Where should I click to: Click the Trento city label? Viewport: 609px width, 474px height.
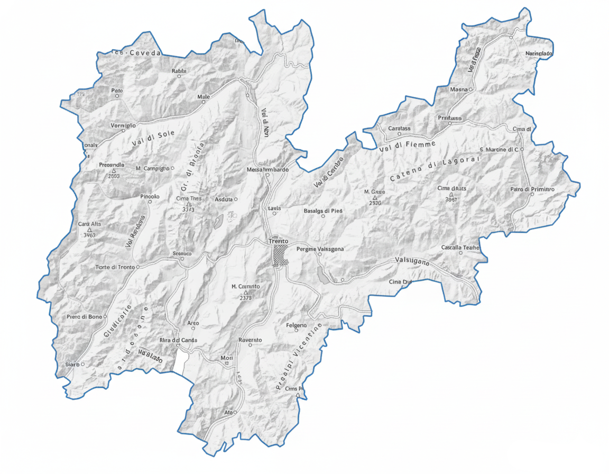tap(279, 241)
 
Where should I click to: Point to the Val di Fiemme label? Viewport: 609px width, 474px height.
tap(407, 147)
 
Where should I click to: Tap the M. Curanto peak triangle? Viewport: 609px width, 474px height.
tap(246, 292)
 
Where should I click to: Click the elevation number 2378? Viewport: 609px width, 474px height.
tap(245, 298)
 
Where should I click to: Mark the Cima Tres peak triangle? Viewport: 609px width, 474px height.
tap(189, 204)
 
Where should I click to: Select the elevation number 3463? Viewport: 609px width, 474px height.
tap(89, 235)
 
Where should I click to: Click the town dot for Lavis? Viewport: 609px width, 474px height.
tap(274, 214)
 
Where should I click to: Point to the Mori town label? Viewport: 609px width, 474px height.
tap(227, 358)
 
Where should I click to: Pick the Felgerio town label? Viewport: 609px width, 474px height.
tap(296, 325)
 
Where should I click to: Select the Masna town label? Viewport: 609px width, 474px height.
tap(459, 90)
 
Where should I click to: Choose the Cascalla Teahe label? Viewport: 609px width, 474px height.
tap(460, 248)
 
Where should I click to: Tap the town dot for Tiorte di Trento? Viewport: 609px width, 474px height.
tap(138, 267)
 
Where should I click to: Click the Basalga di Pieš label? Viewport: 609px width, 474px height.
tap(323, 211)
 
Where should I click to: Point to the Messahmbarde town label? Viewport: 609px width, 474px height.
tap(267, 170)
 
